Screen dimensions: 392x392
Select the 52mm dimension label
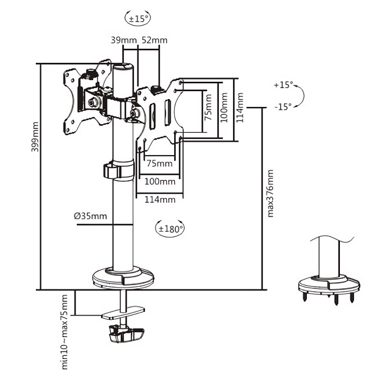154,40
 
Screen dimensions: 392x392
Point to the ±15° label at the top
138,18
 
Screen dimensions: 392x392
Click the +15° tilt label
283,85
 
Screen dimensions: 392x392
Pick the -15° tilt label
283,106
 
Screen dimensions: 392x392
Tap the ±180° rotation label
171,228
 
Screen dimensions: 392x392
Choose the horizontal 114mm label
160,199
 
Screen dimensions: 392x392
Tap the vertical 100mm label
224,108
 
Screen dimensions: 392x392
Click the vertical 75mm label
208,108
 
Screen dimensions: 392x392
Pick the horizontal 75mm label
160,164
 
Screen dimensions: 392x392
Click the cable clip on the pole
118,170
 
